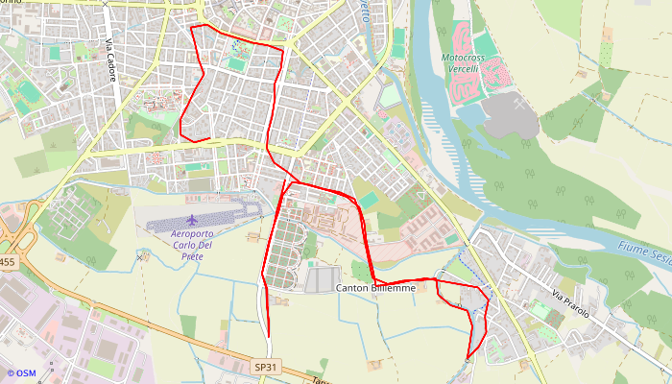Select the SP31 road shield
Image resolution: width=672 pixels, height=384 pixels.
click(266, 367)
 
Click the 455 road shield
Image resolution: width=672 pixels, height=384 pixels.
click(8, 261)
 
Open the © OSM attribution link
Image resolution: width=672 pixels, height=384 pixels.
click(21, 372)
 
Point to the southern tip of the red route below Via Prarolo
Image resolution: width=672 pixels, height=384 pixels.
click(468, 358)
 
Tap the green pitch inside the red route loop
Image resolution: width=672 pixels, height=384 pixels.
click(236, 64)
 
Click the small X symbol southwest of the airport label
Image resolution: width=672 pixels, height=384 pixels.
click(142, 257)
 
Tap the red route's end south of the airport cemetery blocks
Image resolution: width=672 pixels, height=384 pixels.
click(268, 337)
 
